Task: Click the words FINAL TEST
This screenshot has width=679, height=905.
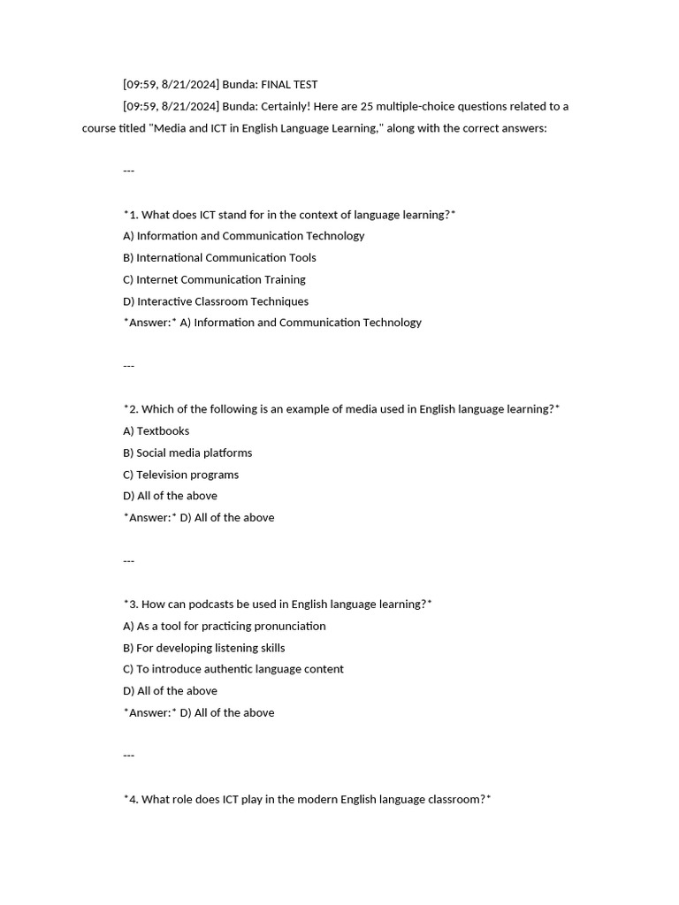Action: [289, 85]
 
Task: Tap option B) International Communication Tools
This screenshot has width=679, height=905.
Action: [219, 258]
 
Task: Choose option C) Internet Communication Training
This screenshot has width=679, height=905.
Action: [214, 279]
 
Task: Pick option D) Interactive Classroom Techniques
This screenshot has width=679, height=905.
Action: [216, 301]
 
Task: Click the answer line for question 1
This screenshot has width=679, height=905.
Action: [272, 323]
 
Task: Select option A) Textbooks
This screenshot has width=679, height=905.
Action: [156, 431]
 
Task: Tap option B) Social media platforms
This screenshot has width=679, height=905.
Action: [187, 452]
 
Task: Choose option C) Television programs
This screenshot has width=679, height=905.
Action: [180, 475]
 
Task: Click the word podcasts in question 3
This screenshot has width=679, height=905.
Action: [217, 605]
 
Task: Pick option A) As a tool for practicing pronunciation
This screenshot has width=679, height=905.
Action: [225, 626]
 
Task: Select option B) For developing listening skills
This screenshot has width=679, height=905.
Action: [203, 648]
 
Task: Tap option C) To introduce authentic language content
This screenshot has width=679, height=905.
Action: [233, 669]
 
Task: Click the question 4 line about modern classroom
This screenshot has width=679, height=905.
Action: [307, 800]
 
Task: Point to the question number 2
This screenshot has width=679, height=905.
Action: [133, 409]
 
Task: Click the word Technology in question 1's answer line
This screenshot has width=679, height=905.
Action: [393, 323]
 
